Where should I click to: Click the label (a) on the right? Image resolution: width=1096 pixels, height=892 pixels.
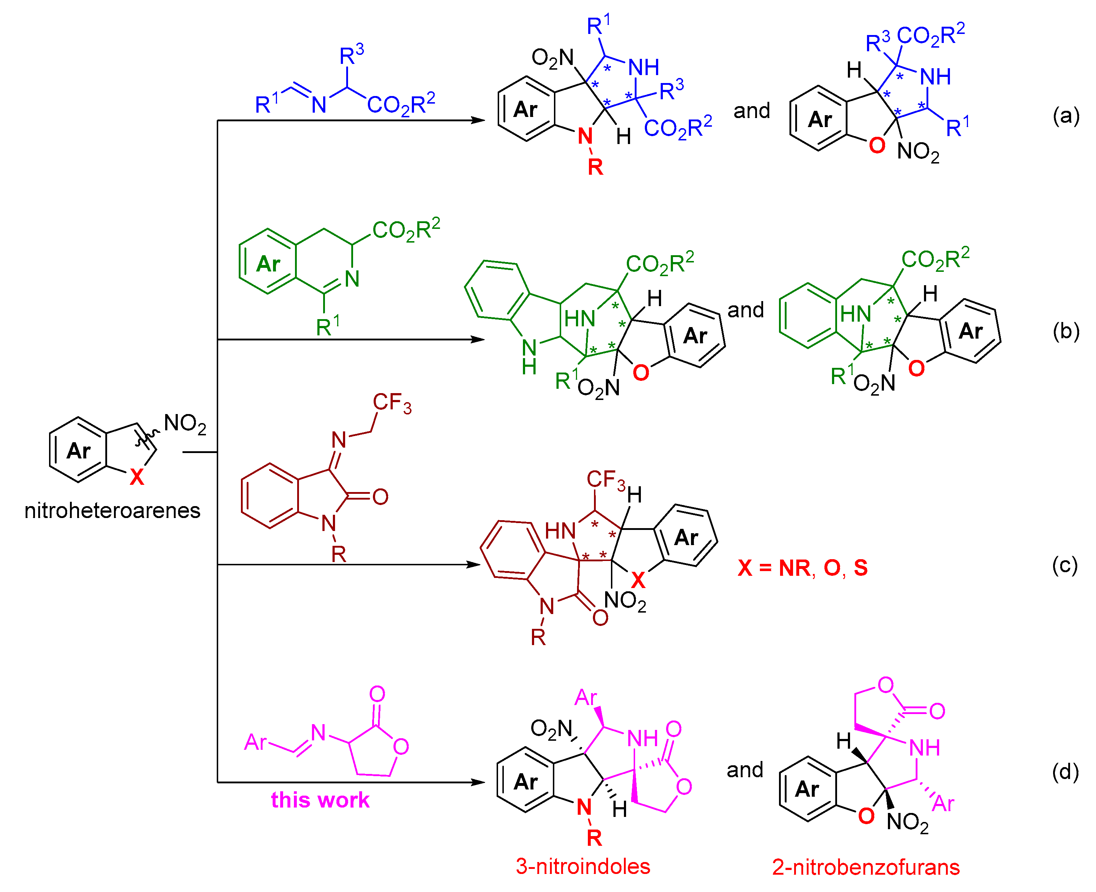click(x=1066, y=116)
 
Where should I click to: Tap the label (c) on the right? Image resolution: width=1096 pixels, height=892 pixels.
click(x=1065, y=566)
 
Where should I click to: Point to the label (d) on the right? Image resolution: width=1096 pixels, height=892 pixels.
click(x=1065, y=772)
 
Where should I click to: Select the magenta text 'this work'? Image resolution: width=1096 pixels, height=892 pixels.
click(x=320, y=800)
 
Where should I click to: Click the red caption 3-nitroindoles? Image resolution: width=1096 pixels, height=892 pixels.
click(x=583, y=866)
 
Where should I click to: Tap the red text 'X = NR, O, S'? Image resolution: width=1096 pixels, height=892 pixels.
click(x=802, y=568)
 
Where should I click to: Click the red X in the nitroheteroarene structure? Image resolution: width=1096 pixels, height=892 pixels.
click(x=137, y=477)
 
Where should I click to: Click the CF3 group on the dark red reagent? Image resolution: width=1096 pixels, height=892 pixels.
click(x=392, y=403)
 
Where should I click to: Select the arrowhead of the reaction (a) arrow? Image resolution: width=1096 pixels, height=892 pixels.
click(x=479, y=120)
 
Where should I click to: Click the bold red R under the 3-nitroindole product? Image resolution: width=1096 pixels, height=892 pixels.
click(x=594, y=838)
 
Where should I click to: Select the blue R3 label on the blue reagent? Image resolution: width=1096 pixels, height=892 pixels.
click(x=352, y=54)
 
